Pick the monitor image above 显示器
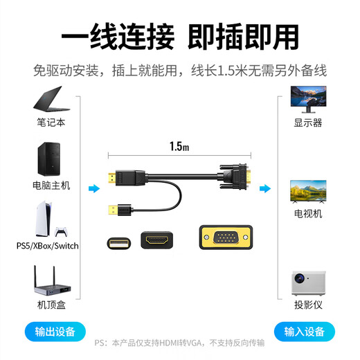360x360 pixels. pyautogui.click(x=308, y=100)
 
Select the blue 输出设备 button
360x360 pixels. pyautogui.click(x=55, y=331)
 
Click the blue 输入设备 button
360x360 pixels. pyautogui.click(x=305, y=331)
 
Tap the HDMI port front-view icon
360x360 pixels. pyautogui.click(x=157, y=241)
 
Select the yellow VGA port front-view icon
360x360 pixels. pyautogui.click(x=225, y=239)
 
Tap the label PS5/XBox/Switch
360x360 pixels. pyautogui.click(x=47, y=246)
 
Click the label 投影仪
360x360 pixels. pyautogui.click(x=308, y=305)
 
